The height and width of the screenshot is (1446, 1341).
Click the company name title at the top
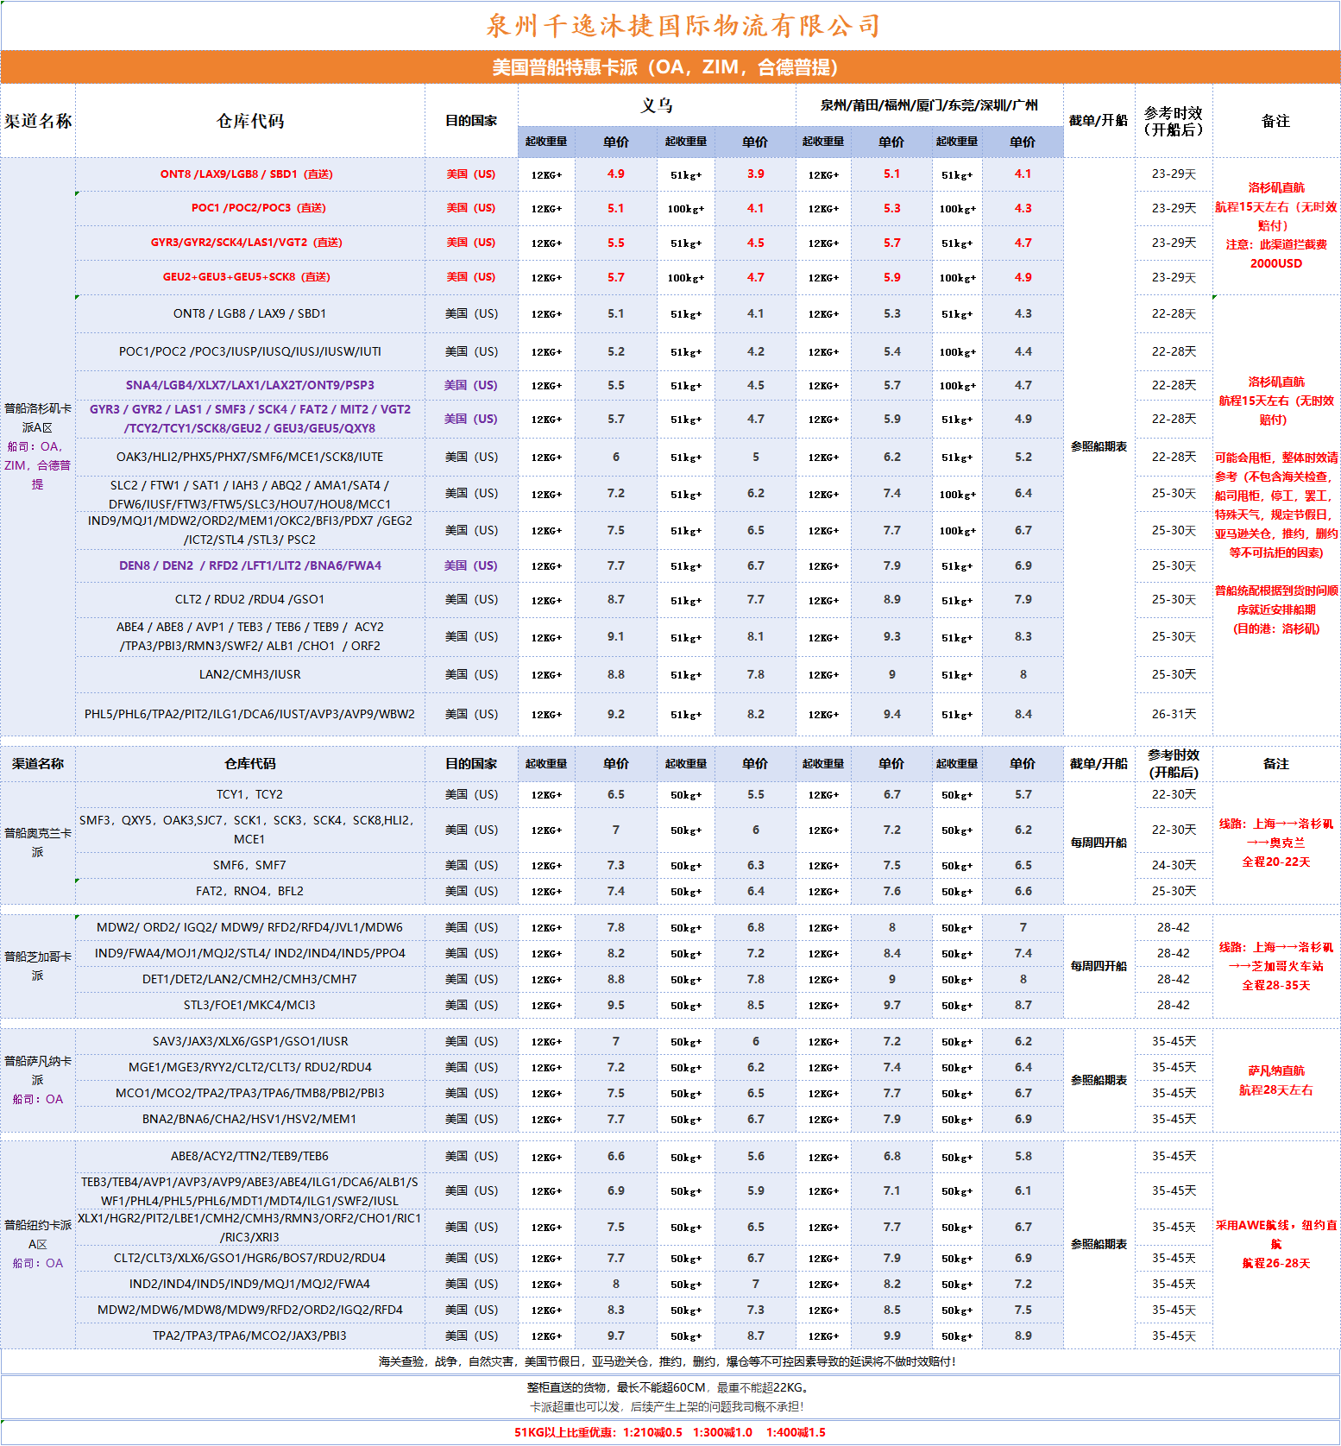pos(683,25)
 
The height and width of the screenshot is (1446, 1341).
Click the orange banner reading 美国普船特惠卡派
pos(664,67)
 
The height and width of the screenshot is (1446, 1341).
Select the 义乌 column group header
pos(656,106)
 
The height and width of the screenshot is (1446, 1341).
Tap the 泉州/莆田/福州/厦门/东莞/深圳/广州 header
pos(929,105)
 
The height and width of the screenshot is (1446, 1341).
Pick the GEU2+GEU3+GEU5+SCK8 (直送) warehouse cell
pos(246,277)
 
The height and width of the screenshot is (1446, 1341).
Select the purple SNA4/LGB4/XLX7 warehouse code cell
pos(249,385)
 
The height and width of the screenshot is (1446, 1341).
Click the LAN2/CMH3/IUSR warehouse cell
pos(249,674)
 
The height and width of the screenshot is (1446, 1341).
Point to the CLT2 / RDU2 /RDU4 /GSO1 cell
pos(249,599)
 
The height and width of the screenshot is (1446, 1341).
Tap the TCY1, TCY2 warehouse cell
pos(249,794)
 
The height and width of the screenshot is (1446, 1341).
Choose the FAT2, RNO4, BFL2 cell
pos(249,891)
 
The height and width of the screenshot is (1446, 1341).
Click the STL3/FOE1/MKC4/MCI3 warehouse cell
pos(249,1005)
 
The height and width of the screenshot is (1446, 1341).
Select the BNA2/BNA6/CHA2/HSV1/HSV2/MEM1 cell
pos(249,1119)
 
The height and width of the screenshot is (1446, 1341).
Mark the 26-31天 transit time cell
pos(1174,714)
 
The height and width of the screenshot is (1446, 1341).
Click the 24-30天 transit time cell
pos(1174,865)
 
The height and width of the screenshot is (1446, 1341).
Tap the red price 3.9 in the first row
pos(755,174)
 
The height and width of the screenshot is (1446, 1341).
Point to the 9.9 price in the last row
pos(891,1335)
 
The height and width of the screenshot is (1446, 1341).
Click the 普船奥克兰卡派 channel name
pos(37,842)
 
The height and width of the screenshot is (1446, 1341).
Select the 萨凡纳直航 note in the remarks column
pos(1275,1070)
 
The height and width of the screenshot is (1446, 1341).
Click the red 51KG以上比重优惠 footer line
pos(670,1432)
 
